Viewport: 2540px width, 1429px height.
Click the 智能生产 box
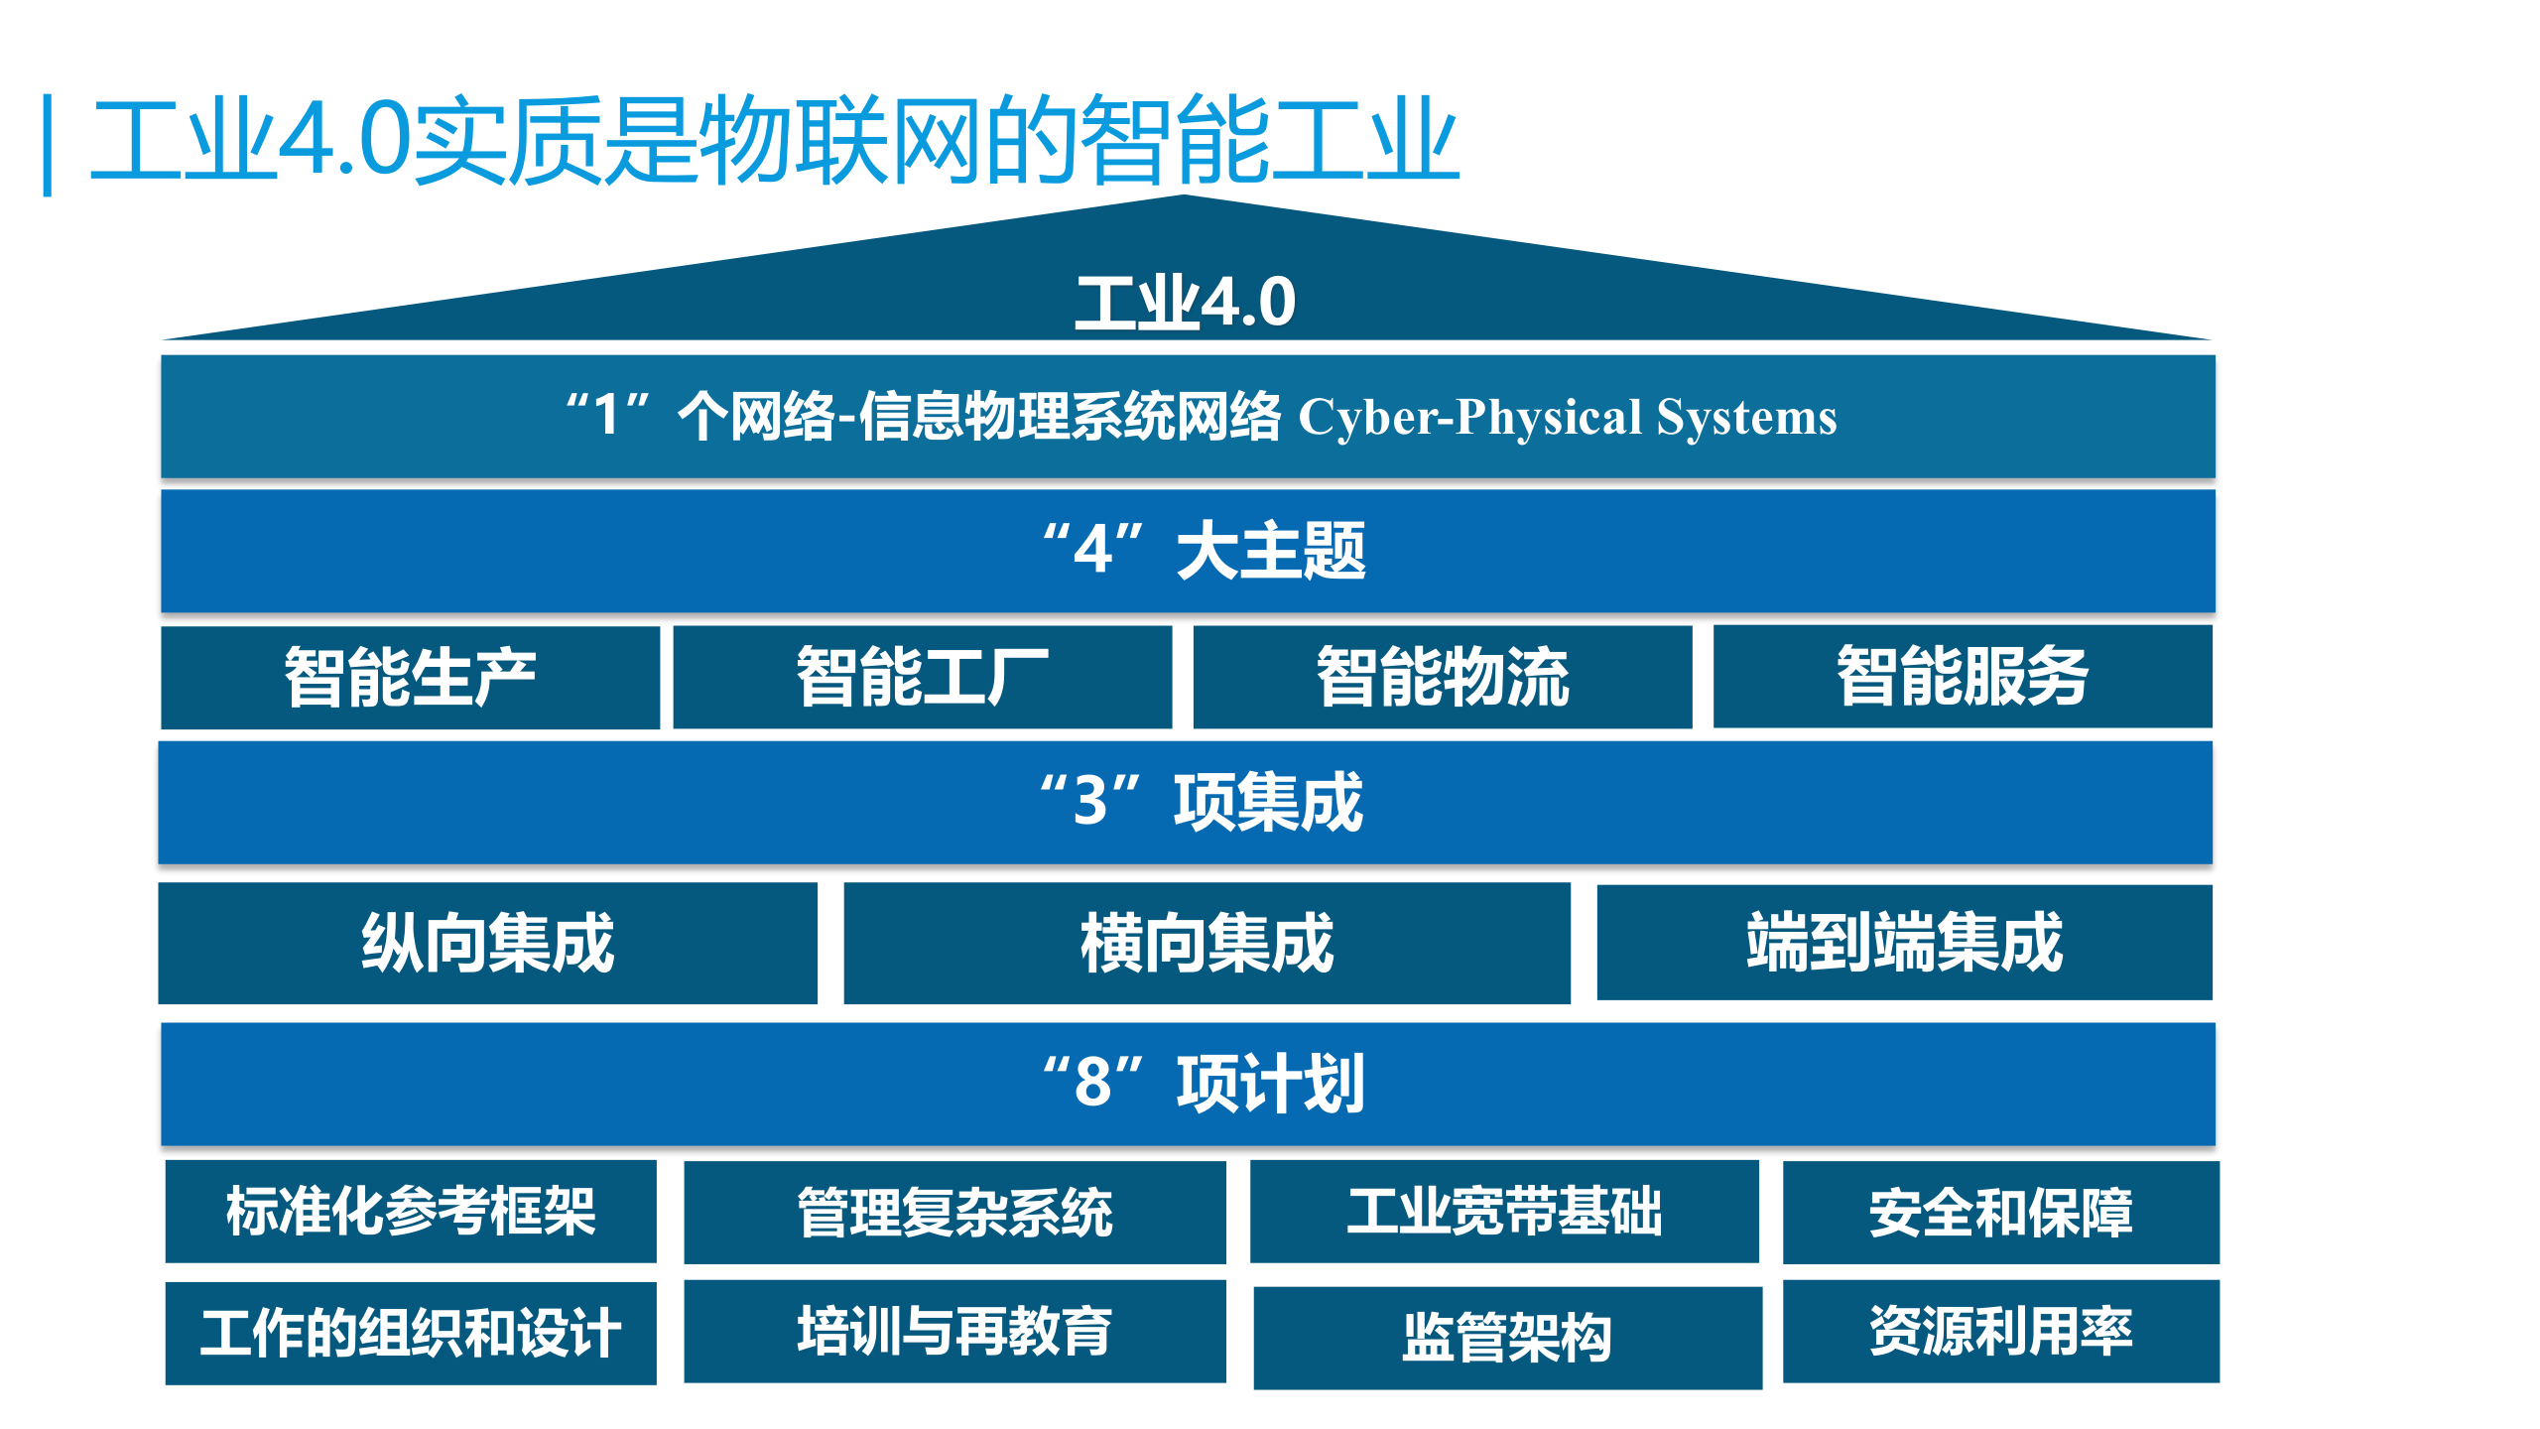pos(410,678)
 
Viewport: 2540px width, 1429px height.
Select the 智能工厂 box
pos(922,678)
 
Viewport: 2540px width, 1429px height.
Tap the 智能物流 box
pos(1442,678)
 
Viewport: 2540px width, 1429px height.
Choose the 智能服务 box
pos(1962,678)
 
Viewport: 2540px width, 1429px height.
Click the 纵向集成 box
pos(487,943)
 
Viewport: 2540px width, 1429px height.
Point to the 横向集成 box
pos(1206,943)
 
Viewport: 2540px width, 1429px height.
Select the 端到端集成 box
pos(1904,943)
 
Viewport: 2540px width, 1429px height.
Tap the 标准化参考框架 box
pos(410,1212)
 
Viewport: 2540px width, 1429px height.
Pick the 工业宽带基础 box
pos(1504,1212)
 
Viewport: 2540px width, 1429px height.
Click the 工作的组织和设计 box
pos(410,1333)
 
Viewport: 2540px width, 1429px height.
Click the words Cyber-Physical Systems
pos(1568,418)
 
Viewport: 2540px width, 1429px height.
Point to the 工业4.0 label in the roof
pos(1186,303)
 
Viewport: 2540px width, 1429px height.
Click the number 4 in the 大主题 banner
pos(1093,551)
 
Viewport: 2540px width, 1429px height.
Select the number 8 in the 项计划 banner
pos(1093,1083)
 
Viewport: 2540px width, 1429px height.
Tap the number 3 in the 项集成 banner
pos(1090,802)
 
